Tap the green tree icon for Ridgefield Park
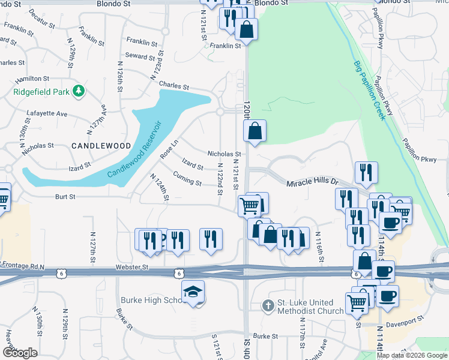click(78, 92)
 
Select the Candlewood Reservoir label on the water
click(134, 150)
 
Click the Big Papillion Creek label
click(369, 89)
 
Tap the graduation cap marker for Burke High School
click(193, 292)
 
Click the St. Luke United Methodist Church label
click(310, 307)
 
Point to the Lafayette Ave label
click(47, 113)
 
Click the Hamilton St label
click(32, 79)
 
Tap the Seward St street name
click(140, 56)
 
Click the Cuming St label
click(187, 178)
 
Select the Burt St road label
click(67, 196)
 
